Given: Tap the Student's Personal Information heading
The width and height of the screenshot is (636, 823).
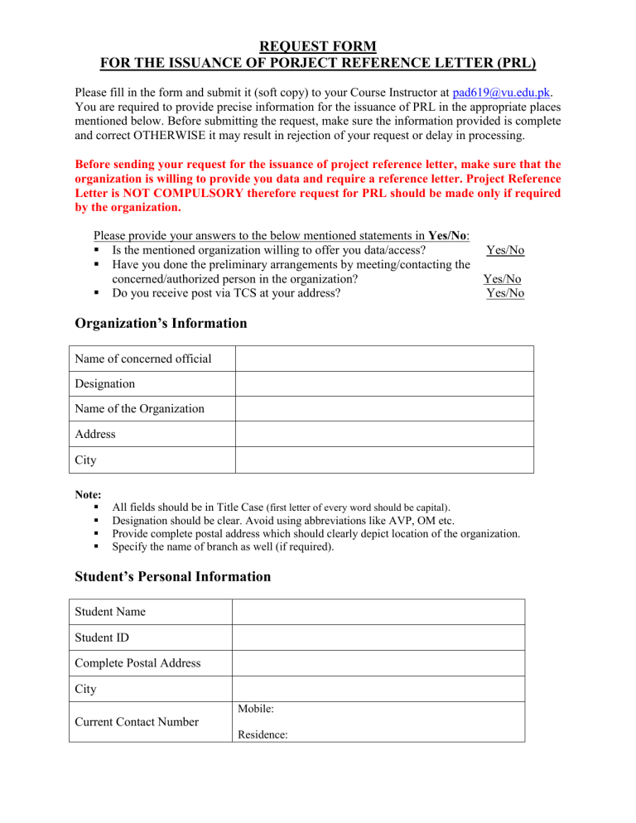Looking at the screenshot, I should (x=172, y=576).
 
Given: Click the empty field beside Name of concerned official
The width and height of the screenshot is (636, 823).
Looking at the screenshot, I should (x=384, y=359).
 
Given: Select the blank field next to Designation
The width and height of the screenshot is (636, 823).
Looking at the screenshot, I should (x=384, y=384).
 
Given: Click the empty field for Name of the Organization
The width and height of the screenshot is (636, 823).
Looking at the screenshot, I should (x=384, y=409).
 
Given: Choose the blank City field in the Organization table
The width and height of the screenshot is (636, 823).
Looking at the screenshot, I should (x=384, y=460).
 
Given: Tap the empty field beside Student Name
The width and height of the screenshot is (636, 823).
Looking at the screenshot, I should (x=378, y=612).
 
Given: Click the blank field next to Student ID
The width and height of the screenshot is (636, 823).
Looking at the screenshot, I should (x=378, y=638).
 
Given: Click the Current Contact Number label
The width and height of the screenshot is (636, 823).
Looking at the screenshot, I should (x=137, y=722).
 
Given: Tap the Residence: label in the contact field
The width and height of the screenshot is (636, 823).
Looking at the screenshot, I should (x=262, y=734).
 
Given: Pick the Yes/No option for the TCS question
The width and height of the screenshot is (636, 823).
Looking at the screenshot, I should (x=505, y=293).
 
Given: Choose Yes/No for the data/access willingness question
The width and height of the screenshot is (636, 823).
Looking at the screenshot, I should (x=505, y=250).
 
